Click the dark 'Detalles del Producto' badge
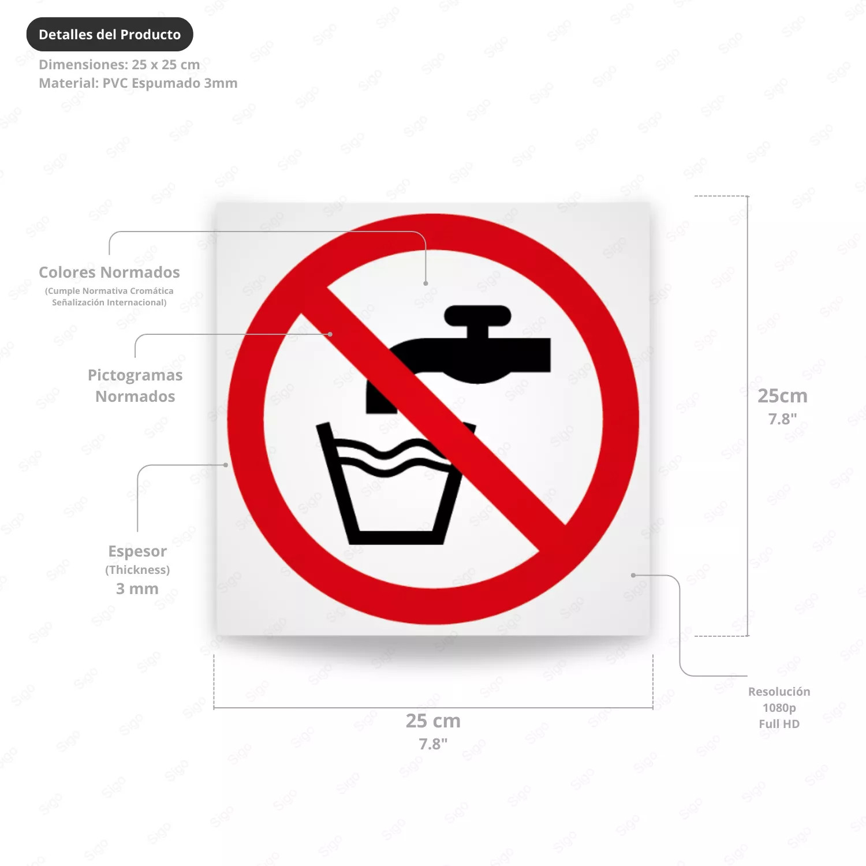[x=110, y=35]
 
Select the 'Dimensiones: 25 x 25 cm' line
[x=120, y=65]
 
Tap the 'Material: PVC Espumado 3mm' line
[x=138, y=83]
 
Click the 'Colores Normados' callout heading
[x=109, y=272]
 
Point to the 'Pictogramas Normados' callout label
[x=135, y=386]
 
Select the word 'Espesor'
[x=137, y=551]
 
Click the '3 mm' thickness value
[x=137, y=589]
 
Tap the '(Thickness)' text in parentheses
[x=137, y=570]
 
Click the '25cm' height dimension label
[x=782, y=396]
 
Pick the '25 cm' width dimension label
[x=433, y=721]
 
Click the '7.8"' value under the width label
[x=433, y=744]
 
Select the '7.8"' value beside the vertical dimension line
[x=782, y=419]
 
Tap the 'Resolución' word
[x=779, y=692]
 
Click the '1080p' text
[x=779, y=708]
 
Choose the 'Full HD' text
[x=779, y=724]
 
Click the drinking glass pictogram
[x=395, y=483]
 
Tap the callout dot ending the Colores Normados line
[x=425, y=283]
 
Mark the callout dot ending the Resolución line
[x=633, y=575]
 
